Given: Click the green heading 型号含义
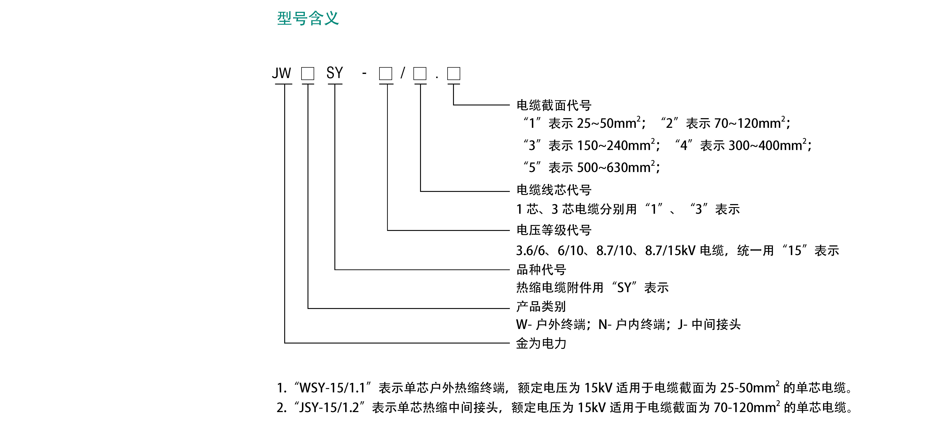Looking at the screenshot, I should tap(308, 18).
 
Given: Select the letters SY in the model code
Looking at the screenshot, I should tap(335, 73).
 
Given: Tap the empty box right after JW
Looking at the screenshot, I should tap(308, 74).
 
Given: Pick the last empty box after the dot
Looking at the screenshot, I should tap(454, 74).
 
